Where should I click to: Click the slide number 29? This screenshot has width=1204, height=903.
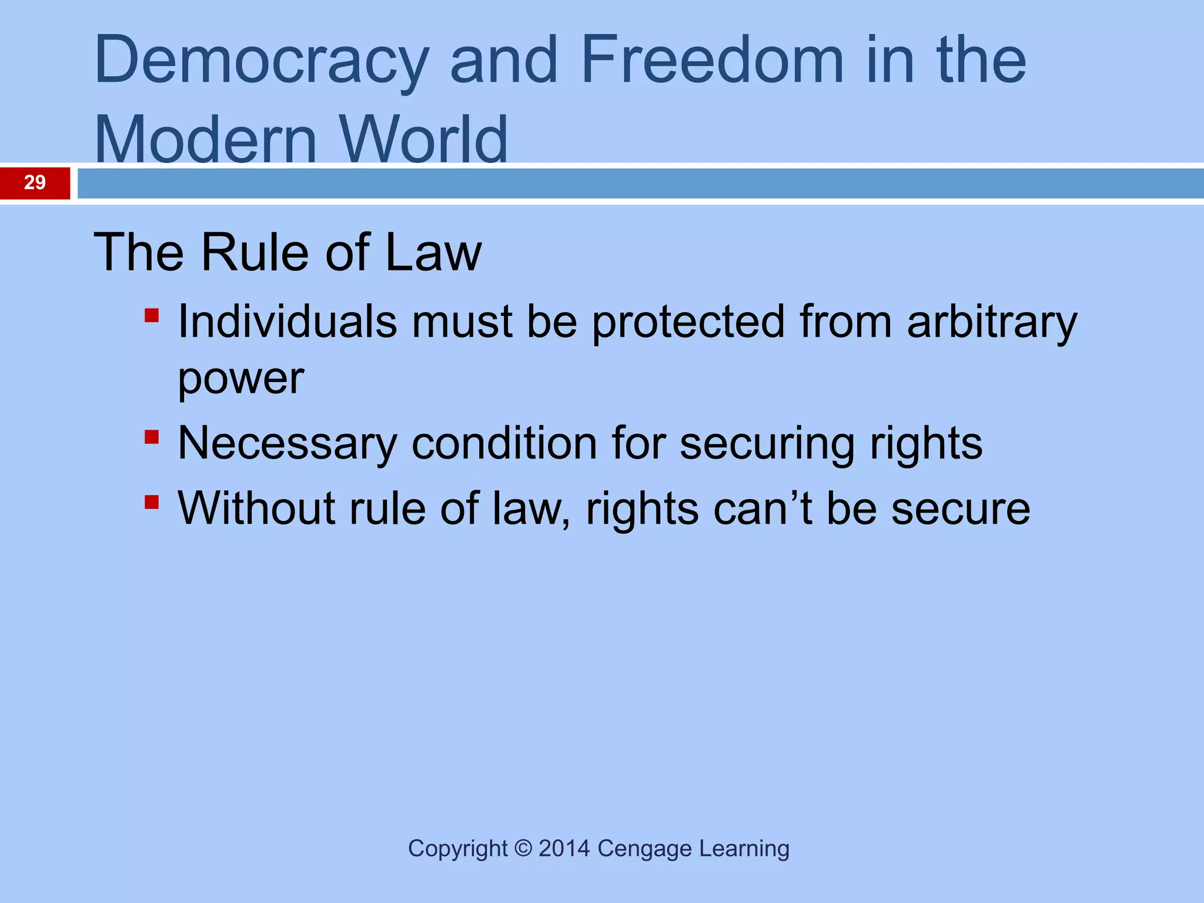click(35, 182)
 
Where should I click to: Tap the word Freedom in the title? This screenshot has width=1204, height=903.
click(712, 59)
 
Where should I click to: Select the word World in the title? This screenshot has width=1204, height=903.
click(423, 140)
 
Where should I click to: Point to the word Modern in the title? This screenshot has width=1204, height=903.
click(206, 140)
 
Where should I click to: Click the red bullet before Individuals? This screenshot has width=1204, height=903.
click(152, 316)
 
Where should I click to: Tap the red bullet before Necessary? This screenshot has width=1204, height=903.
click(152, 437)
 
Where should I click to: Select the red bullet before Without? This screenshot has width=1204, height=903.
click(152, 502)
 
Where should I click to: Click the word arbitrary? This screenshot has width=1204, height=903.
click(992, 323)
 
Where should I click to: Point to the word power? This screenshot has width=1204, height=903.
click(240, 379)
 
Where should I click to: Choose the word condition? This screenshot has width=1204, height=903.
click(504, 443)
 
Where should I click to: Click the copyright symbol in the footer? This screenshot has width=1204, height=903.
click(523, 848)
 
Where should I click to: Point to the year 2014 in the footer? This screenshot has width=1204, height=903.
click(564, 848)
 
